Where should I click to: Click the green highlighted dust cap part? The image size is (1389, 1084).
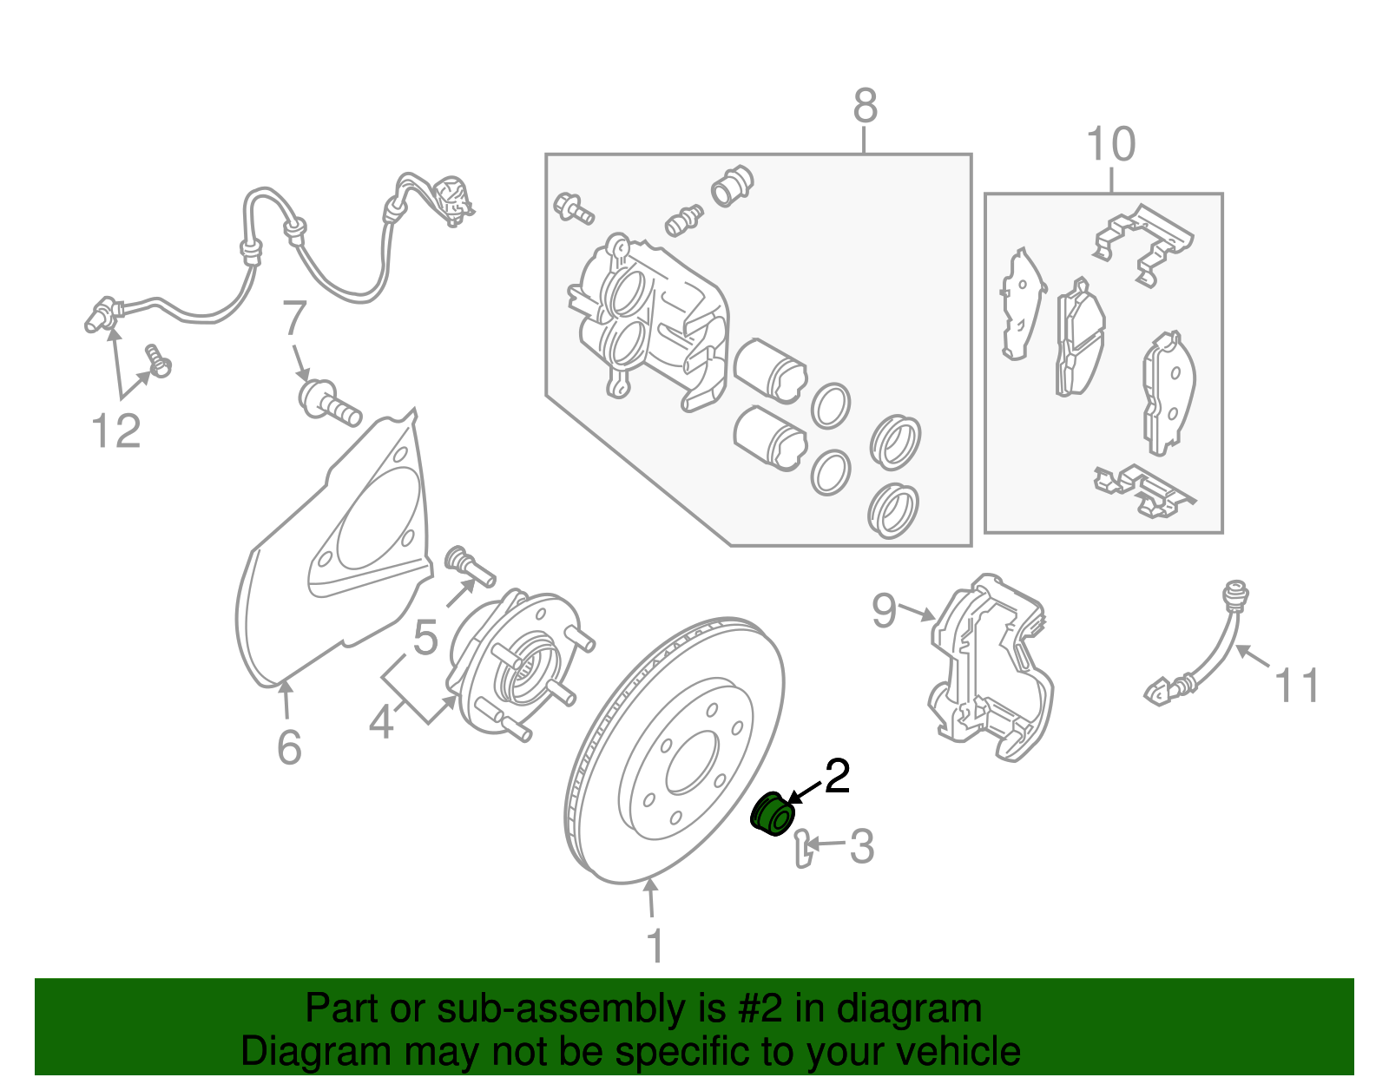coord(772,813)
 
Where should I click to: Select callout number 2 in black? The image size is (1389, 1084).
coord(838,777)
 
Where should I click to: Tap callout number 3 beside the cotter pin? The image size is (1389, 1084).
coord(861,846)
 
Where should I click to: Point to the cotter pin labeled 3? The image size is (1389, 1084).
coord(804,849)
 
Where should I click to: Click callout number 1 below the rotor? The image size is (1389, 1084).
coord(655,944)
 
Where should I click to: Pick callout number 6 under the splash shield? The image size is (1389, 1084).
coord(289,746)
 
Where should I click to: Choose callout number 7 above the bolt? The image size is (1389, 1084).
coord(294,318)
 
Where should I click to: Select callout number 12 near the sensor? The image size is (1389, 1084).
coord(115,430)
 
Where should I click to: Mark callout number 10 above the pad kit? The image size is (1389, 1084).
coord(1111,144)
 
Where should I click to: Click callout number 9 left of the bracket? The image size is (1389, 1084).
coord(884,611)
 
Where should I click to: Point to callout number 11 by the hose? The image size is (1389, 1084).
coord(1296,686)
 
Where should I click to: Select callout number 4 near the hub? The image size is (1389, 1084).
coord(381,722)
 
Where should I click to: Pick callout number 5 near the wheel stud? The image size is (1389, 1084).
coord(425,637)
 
